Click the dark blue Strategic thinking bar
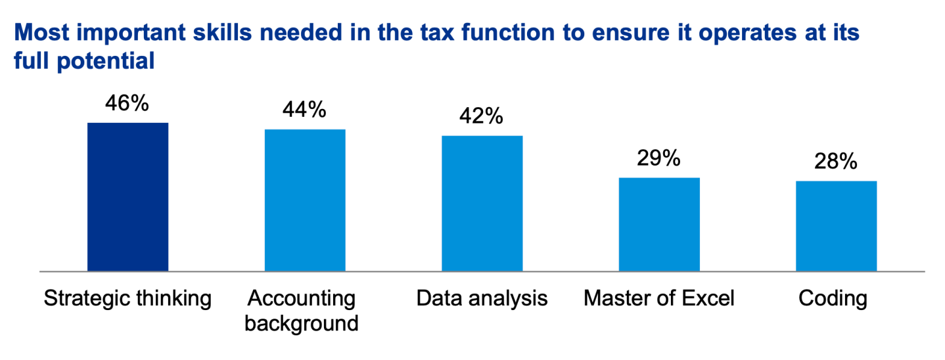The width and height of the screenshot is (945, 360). click(x=127, y=196)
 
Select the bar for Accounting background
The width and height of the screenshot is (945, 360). click(x=305, y=200)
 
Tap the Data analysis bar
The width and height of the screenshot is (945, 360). click(x=482, y=203)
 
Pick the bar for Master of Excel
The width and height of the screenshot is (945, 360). click(x=659, y=224)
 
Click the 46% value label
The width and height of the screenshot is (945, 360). click(x=127, y=103)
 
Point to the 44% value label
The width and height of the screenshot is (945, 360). click(x=304, y=110)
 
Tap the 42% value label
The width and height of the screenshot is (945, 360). click(x=482, y=116)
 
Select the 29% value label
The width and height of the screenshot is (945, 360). click(x=658, y=158)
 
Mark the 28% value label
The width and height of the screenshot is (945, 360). click(x=836, y=162)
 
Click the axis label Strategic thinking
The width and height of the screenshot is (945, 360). click(x=127, y=299)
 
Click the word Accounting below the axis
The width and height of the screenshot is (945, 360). click(x=302, y=299)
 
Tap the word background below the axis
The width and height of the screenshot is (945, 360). click(x=302, y=323)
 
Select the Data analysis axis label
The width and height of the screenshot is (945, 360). click(x=482, y=299)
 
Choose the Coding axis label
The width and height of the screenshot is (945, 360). click(x=833, y=299)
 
